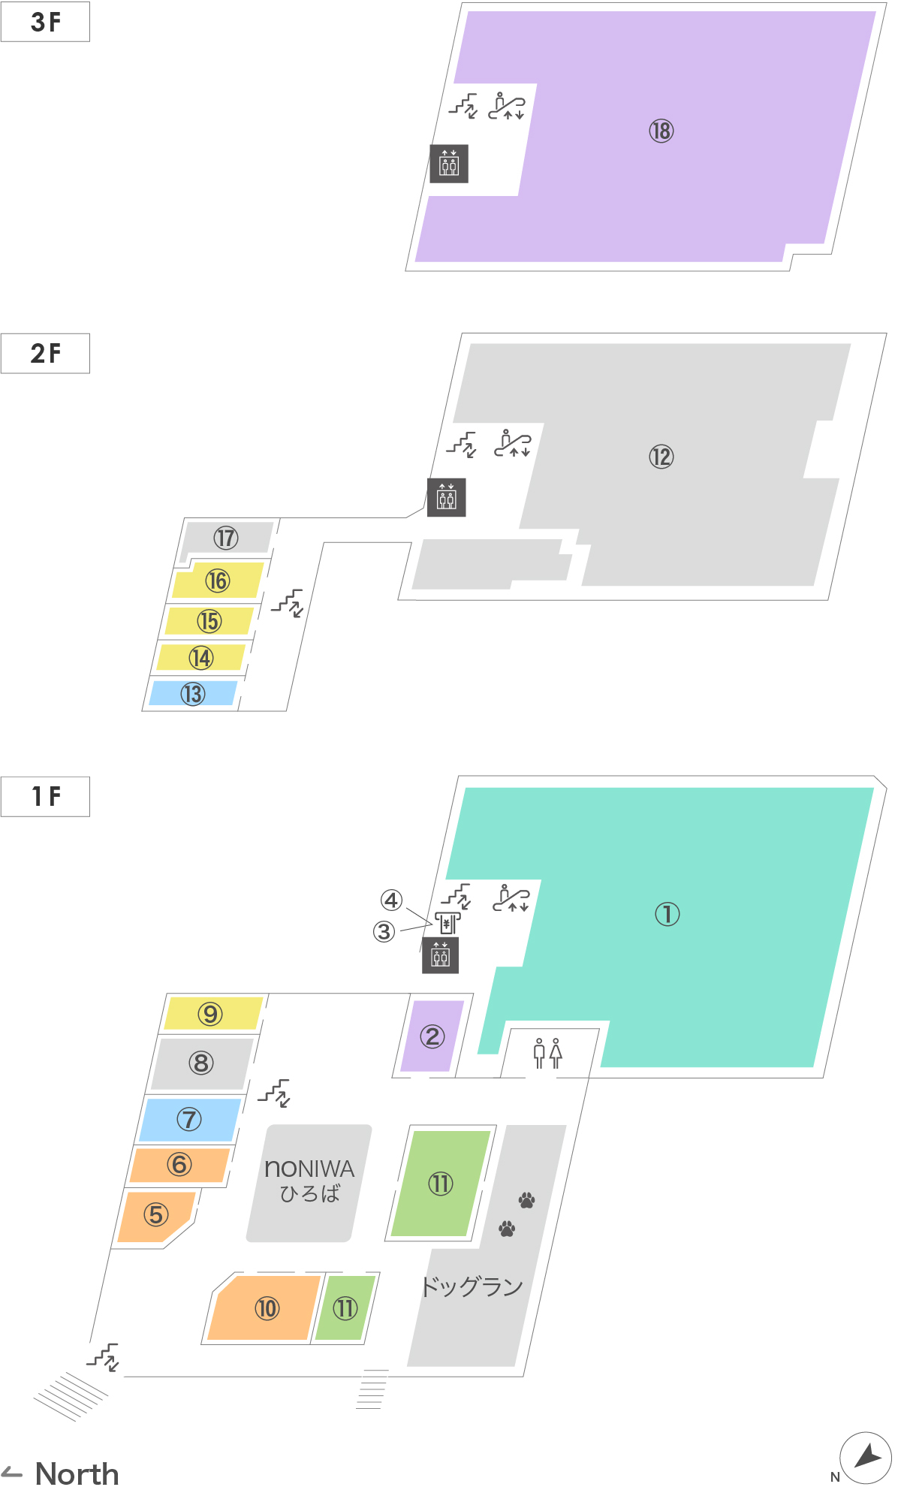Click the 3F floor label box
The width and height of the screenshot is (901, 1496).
point(45,22)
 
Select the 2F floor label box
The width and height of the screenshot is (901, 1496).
point(45,353)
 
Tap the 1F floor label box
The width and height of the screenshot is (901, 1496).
point(45,796)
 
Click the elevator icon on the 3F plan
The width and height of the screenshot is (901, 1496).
point(449,164)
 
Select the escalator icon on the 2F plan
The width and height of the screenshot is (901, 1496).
point(513,443)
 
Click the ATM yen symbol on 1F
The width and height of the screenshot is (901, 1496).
point(447,923)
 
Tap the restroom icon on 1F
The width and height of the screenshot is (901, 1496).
point(547,1053)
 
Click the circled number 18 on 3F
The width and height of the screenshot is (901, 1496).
point(661,131)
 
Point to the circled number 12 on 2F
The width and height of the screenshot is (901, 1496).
point(661,457)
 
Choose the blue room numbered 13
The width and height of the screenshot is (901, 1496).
point(193,693)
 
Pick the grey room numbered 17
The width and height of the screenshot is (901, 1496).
point(226,538)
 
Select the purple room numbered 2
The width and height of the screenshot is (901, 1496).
point(432,1036)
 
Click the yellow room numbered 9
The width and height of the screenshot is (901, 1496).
point(211,1014)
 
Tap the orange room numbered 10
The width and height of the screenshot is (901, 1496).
point(266,1308)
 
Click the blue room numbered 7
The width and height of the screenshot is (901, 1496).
point(189,1120)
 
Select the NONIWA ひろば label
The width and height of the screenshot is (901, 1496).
point(309,1181)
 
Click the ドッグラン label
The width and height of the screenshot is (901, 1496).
point(472,1286)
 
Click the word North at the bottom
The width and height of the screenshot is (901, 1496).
point(77,1474)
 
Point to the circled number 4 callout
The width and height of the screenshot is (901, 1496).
point(391,900)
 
